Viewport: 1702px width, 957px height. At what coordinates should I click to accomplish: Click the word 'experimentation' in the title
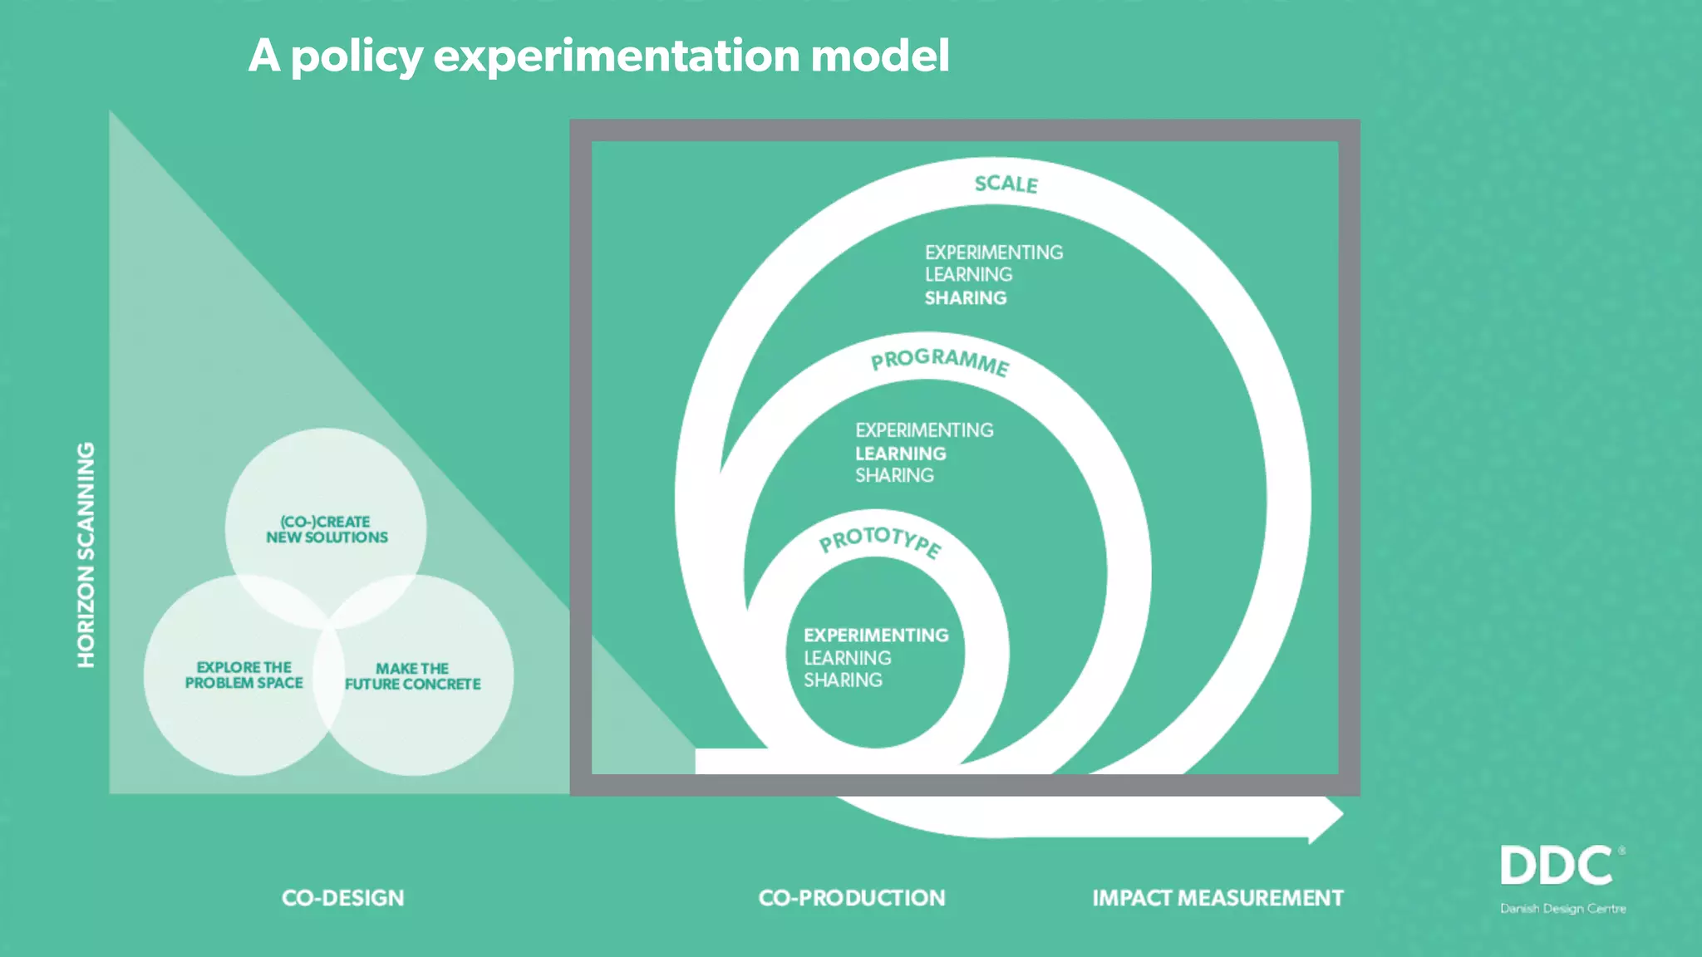tap(617, 56)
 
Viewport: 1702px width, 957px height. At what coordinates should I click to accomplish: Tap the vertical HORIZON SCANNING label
tap(86, 555)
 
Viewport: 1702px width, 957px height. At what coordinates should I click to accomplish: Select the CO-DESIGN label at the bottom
tap(342, 898)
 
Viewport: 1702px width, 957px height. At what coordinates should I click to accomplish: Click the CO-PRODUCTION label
tap(852, 898)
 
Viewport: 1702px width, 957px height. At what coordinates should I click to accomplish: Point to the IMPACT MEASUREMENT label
tap(1217, 898)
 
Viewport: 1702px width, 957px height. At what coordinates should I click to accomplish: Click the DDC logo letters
tap(1557, 866)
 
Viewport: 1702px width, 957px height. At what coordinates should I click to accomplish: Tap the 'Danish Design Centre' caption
tap(1562, 909)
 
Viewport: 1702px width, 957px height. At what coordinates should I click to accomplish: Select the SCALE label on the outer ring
tap(1006, 184)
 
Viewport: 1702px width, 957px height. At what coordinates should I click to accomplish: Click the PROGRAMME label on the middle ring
tap(940, 361)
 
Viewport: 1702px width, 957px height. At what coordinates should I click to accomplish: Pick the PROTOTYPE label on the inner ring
tap(880, 541)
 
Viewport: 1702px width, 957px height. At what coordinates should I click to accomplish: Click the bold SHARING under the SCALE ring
tap(966, 298)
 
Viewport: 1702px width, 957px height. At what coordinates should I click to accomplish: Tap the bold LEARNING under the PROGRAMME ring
tap(901, 454)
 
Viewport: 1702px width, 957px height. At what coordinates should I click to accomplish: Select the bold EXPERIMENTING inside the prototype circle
tap(876, 636)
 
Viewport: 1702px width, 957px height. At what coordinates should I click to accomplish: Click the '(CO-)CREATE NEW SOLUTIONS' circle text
tap(327, 529)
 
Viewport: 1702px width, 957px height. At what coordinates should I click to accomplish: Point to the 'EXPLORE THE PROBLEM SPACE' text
tap(243, 675)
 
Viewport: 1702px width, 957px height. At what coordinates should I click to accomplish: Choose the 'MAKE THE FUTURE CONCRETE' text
tap(413, 676)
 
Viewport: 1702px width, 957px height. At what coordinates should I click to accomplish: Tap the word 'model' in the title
tap(879, 56)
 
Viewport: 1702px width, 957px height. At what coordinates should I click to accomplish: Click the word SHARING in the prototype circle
tap(843, 680)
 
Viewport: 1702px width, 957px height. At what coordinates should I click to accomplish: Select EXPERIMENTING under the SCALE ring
tap(994, 253)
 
